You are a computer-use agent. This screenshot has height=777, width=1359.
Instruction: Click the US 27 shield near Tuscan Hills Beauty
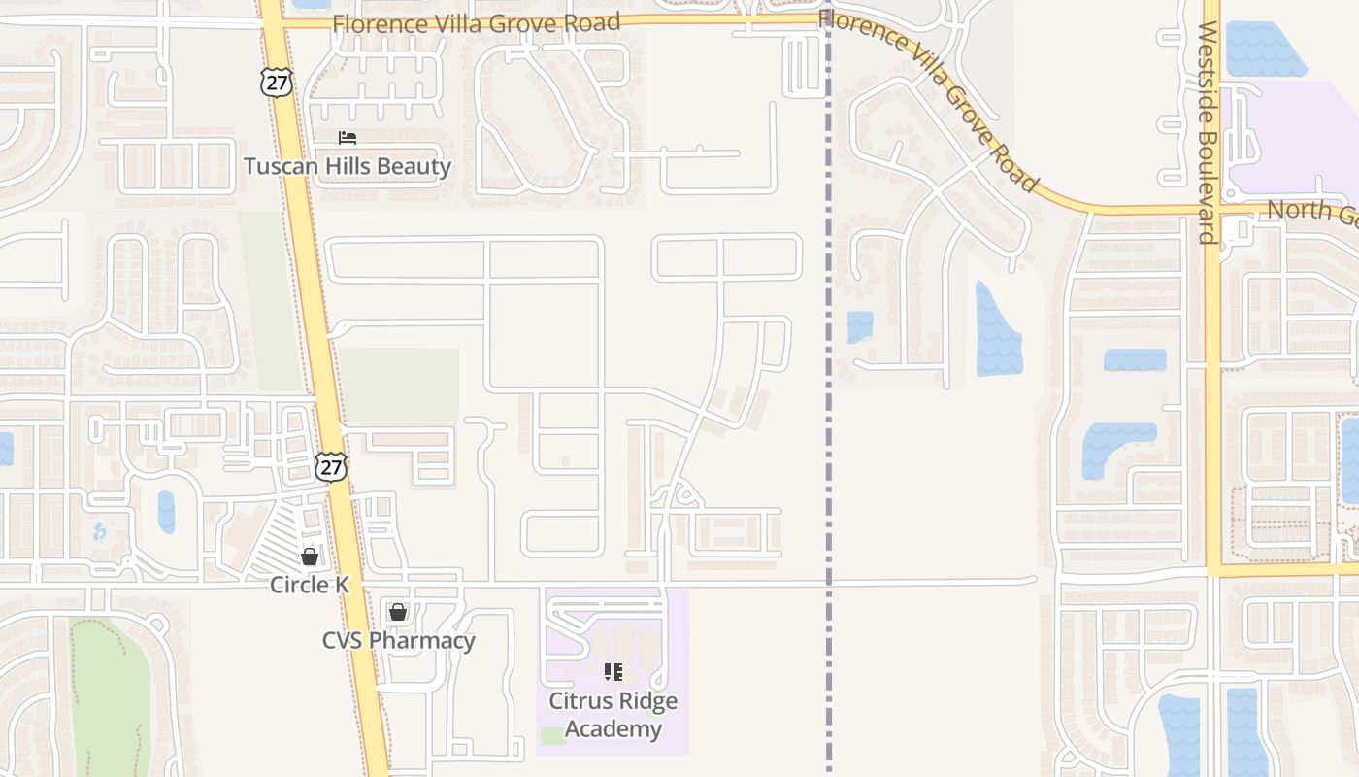click(x=277, y=83)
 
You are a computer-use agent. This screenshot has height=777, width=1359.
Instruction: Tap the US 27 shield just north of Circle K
click(x=331, y=467)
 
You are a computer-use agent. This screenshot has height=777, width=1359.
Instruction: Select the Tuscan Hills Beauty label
click(x=348, y=166)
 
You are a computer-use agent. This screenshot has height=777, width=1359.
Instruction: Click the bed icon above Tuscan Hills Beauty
click(x=348, y=138)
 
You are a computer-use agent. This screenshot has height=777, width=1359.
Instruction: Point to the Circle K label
click(x=309, y=585)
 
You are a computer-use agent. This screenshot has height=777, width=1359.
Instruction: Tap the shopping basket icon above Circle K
click(x=309, y=557)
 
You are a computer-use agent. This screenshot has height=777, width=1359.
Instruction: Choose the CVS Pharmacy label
click(x=398, y=640)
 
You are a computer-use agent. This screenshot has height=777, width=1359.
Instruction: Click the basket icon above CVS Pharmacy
click(x=398, y=612)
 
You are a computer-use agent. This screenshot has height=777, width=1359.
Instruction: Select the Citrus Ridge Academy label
click(x=613, y=715)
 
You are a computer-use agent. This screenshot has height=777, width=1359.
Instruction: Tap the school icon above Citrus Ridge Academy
click(x=613, y=671)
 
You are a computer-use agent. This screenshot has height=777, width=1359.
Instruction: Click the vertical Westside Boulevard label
click(x=1208, y=133)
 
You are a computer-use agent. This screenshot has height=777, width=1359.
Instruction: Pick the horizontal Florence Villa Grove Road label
click(x=476, y=22)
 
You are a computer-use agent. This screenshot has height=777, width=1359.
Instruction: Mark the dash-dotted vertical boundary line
click(x=828, y=437)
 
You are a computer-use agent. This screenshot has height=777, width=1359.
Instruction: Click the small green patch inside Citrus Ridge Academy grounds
click(x=553, y=735)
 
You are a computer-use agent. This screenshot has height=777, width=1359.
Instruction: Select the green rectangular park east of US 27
click(x=400, y=385)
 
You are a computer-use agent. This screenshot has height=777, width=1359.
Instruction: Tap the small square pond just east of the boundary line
click(x=859, y=326)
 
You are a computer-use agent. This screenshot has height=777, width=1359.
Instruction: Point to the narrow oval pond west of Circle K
click(x=166, y=512)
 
